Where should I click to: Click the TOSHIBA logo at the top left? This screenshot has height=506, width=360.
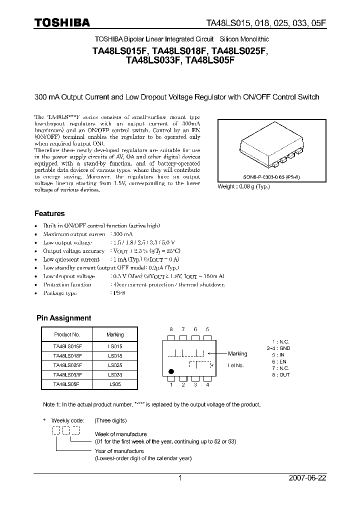[62, 22]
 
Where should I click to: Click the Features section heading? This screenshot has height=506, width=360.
[49, 213]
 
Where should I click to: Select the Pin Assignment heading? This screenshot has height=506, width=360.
[64, 318]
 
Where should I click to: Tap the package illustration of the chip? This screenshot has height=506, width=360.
[270, 146]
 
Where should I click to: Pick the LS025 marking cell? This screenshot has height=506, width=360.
[115, 364]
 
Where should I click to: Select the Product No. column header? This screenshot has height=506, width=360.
[66, 334]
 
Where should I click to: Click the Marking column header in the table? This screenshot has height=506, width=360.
[115, 334]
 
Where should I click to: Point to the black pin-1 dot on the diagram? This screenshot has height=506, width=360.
[172, 371]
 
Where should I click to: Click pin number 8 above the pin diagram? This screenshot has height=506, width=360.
[171, 329]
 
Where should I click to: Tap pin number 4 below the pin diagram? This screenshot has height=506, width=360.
[207, 384]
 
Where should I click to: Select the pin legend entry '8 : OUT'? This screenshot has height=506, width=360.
[280, 374]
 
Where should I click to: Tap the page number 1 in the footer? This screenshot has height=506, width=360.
[180, 477]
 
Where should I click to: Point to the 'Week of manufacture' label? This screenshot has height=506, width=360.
[121, 434]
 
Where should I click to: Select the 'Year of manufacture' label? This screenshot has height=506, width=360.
[119, 451]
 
